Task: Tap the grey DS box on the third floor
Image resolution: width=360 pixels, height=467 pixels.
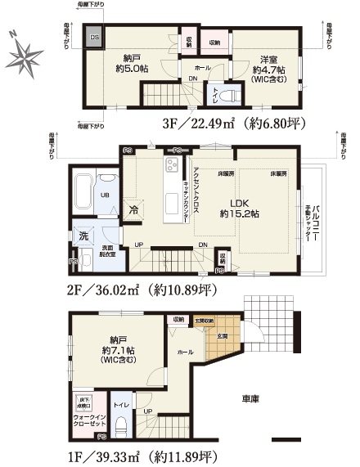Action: [95, 37]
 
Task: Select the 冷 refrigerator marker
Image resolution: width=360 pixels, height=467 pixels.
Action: [133, 209]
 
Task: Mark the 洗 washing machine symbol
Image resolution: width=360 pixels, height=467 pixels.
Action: [85, 236]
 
